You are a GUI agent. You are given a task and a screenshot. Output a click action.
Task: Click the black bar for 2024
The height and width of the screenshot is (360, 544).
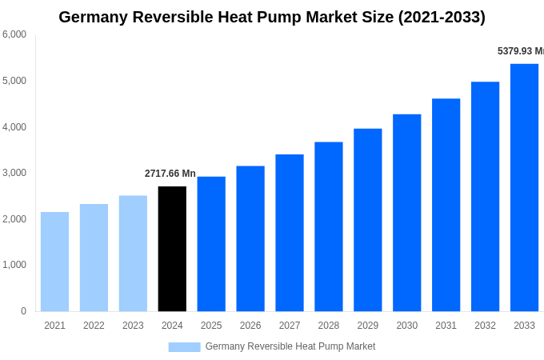(x=172, y=249)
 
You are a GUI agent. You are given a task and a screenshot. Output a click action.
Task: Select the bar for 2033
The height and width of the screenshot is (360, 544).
(x=524, y=188)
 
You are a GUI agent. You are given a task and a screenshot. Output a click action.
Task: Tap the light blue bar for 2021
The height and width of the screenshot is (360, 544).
(x=54, y=262)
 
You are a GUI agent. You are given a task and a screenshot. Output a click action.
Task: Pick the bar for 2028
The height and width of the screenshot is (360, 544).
(x=328, y=226)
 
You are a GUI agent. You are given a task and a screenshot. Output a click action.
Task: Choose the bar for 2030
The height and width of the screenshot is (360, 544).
(x=406, y=213)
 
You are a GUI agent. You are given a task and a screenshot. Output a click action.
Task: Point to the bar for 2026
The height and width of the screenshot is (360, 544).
(x=250, y=238)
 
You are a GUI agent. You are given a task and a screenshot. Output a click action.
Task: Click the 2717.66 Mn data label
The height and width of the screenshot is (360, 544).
(x=170, y=174)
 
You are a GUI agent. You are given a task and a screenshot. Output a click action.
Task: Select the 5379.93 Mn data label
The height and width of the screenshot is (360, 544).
(x=520, y=51)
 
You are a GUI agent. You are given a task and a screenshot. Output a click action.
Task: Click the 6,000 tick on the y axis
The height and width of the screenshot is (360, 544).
(x=14, y=34)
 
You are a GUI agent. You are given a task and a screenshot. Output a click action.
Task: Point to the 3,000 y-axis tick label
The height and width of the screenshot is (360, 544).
(x=14, y=173)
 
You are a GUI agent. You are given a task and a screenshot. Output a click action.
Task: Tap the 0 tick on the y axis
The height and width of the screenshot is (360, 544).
(x=23, y=311)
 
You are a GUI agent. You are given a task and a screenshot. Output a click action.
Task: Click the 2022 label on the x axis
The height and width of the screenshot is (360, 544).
(x=94, y=326)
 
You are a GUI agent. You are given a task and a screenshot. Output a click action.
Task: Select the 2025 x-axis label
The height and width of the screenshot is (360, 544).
(x=211, y=326)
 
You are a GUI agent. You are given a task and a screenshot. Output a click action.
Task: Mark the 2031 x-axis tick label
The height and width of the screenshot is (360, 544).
(x=446, y=326)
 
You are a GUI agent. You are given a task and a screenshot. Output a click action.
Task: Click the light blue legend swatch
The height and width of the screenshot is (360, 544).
(x=184, y=347)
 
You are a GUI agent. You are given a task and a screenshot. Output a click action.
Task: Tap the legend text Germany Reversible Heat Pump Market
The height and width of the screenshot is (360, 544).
(x=290, y=346)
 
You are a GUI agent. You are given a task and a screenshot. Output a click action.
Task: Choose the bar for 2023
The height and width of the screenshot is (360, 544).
(x=133, y=254)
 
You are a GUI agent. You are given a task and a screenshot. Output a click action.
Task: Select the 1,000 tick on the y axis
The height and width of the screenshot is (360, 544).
(x=14, y=265)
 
